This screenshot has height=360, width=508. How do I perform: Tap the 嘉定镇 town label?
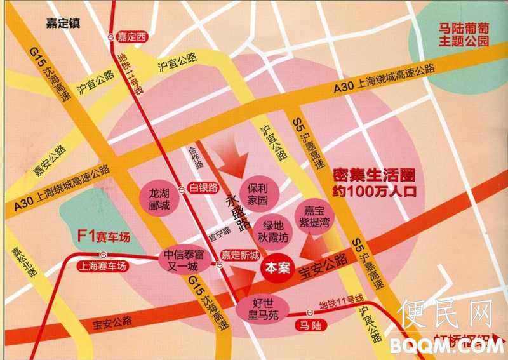[x=63, y=24]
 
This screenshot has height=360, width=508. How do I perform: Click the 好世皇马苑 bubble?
[x=262, y=307]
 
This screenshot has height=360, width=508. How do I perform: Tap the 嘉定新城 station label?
[x=239, y=255]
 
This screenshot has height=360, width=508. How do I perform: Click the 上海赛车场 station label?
[x=98, y=267]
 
